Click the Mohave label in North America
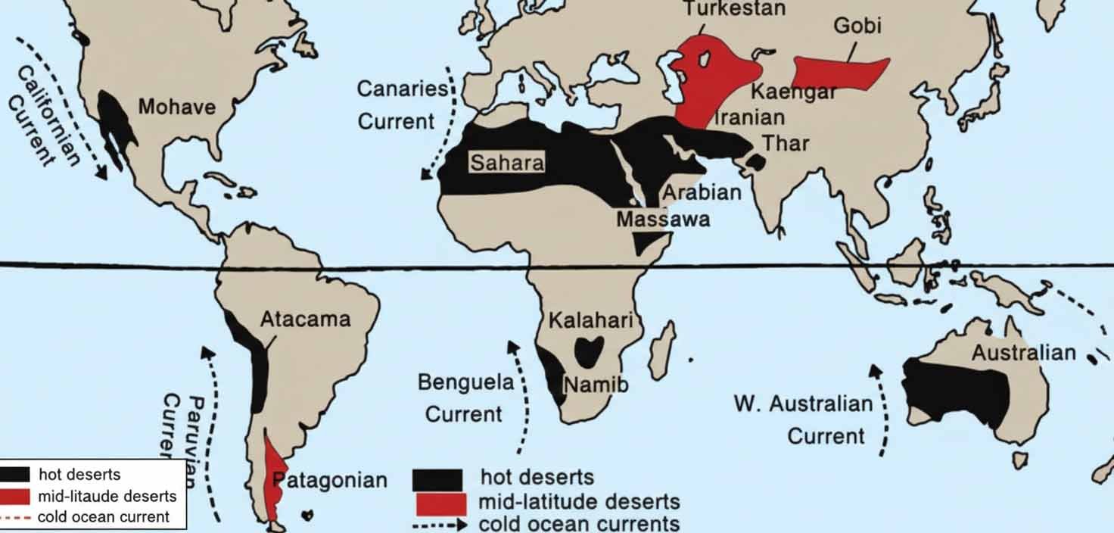point(176,107)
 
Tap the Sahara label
point(506,163)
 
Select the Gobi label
point(857,25)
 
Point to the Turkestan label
point(734,9)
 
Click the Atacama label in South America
point(305,319)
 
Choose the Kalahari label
point(590,320)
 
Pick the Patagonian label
point(330,480)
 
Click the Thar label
point(786,143)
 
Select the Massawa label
point(663,220)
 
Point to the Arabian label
point(702,192)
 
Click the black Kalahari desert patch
point(589,351)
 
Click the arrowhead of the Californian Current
point(102,173)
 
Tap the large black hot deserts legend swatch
point(438,480)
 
